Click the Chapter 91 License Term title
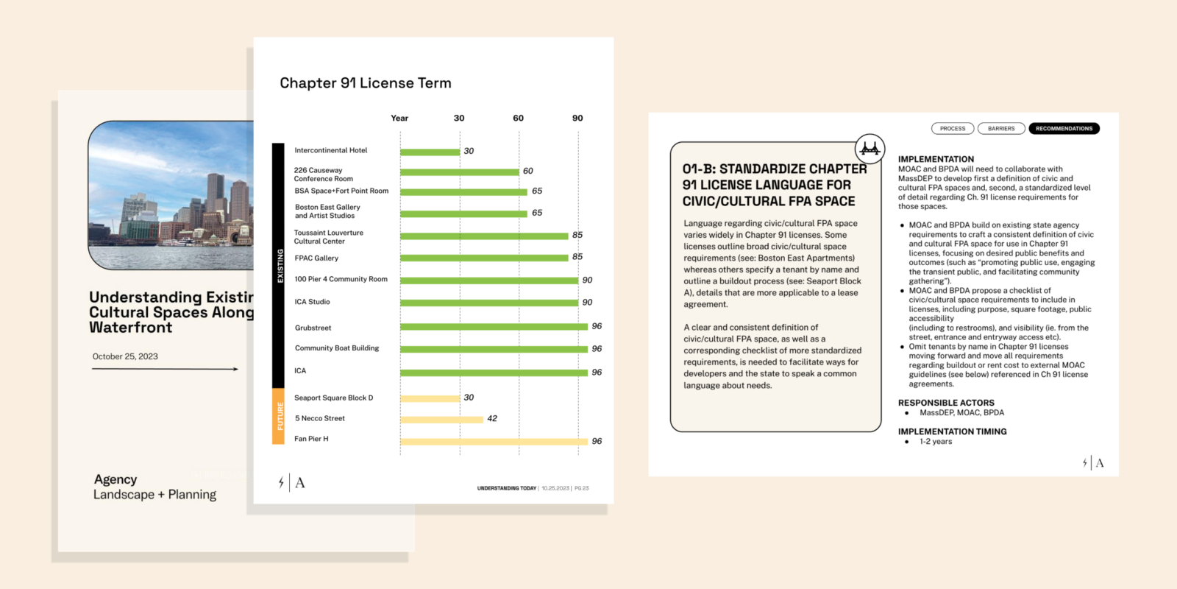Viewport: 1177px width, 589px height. [x=366, y=83]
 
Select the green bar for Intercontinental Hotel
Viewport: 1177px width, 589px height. [x=430, y=152]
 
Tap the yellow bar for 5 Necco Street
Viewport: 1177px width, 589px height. [x=441, y=420]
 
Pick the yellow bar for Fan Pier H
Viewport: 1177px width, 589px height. [x=494, y=442]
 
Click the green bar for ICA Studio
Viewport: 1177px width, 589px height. [x=489, y=303]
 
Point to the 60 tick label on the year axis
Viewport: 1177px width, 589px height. [x=519, y=119]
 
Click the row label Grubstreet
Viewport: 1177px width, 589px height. [x=313, y=328]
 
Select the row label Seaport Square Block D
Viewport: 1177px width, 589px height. [x=334, y=398]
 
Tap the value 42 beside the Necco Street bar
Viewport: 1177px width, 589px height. [x=492, y=419]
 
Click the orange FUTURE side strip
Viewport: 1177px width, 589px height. [x=279, y=416]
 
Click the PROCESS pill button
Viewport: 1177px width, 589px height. [x=953, y=129]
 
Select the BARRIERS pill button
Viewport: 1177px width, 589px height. [x=1001, y=129]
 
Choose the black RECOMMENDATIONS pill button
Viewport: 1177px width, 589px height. [x=1064, y=129]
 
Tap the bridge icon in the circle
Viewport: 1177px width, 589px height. [x=870, y=149]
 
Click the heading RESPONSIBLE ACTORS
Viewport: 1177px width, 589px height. [x=946, y=403]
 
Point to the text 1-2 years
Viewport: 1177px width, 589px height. [x=936, y=442]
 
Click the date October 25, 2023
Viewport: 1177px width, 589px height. [x=125, y=357]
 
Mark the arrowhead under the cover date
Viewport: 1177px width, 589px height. [x=235, y=369]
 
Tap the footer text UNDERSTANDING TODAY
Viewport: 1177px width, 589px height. [x=507, y=488]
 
